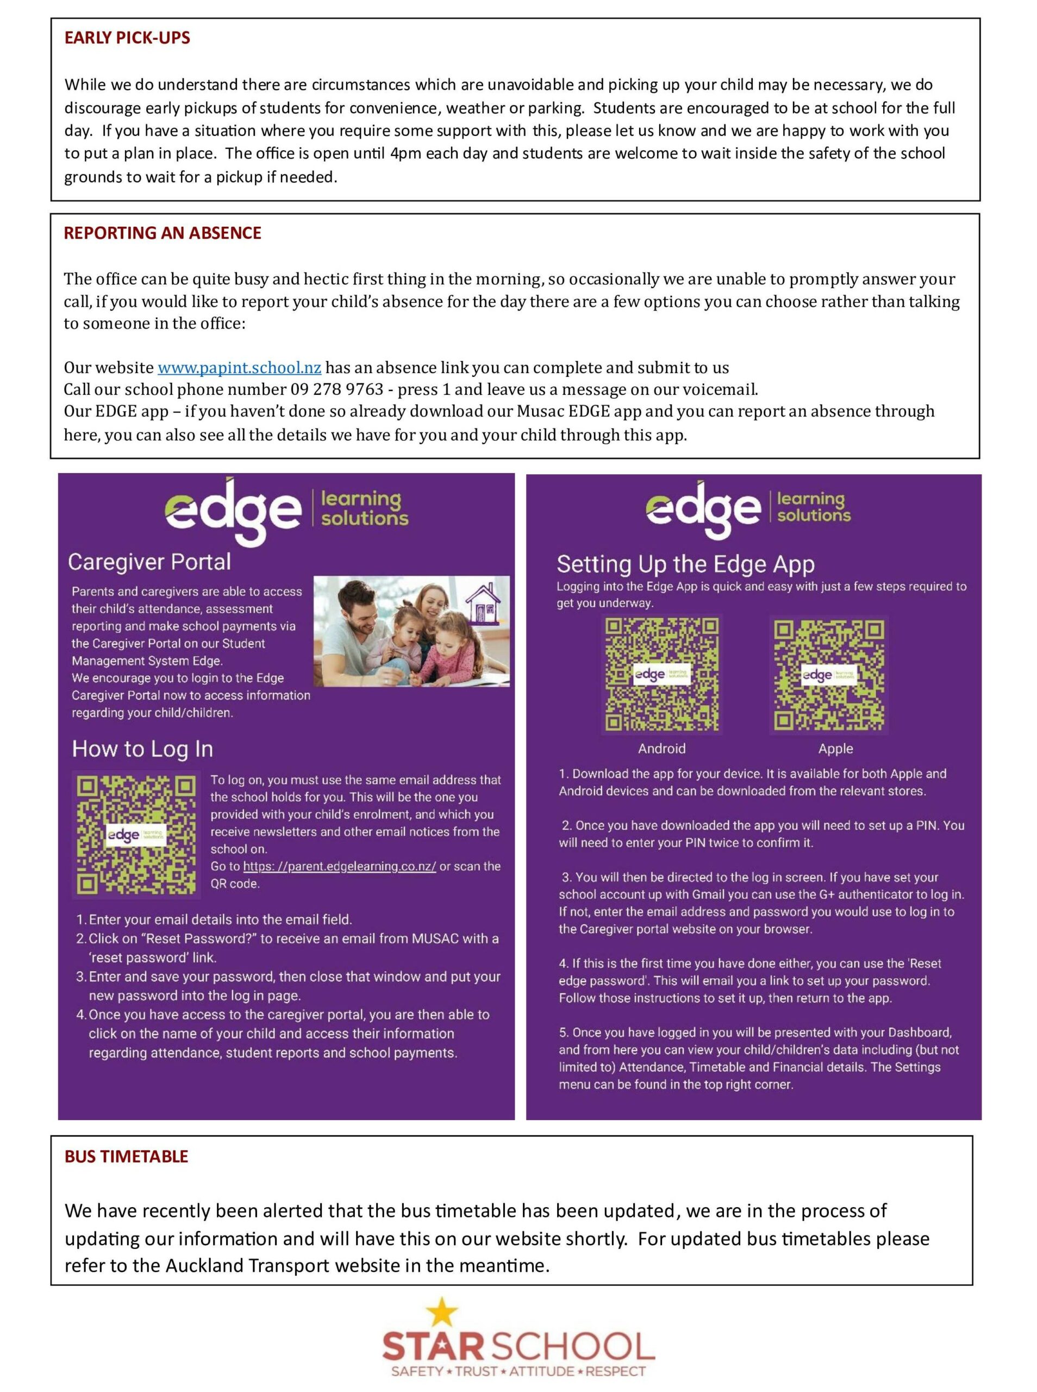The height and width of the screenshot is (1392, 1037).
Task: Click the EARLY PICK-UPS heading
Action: click(127, 38)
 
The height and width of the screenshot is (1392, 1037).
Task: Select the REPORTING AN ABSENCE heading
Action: click(162, 233)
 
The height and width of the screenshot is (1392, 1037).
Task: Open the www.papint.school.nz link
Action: click(239, 368)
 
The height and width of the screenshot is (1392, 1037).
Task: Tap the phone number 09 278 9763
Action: click(336, 389)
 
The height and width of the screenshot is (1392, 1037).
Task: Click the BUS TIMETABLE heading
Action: click(126, 1157)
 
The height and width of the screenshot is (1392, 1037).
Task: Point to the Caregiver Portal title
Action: click(149, 562)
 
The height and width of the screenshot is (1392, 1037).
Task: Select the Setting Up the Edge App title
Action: click(685, 564)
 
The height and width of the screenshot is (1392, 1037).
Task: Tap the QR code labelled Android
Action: click(661, 674)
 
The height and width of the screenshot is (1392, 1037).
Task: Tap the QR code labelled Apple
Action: click(829, 674)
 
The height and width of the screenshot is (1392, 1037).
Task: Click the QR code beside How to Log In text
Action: click(135, 835)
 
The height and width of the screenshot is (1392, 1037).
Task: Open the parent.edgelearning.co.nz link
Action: click(340, 867)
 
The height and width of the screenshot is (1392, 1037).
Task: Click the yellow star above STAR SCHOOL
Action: click(442, 1313)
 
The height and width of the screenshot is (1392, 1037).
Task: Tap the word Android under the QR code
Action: click(661, 748)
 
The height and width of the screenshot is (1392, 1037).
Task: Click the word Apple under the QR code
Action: click(835, 748)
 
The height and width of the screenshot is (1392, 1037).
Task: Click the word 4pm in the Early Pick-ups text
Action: click(405, 154)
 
